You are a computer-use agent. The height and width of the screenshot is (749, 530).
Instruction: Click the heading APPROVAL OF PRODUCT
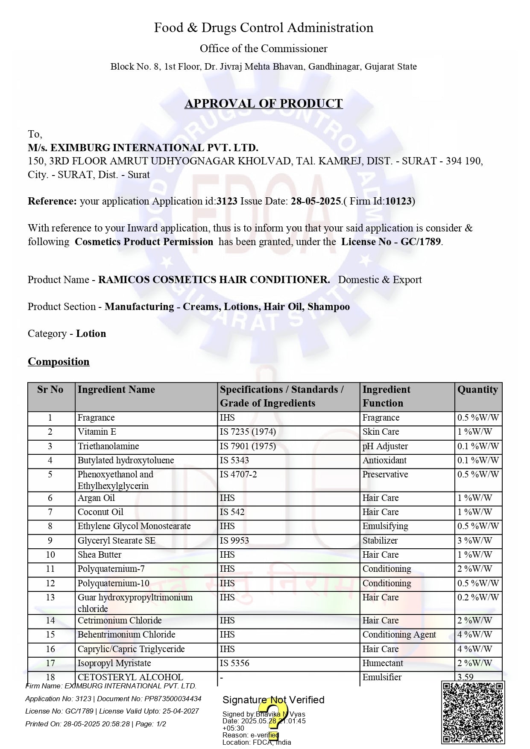(264, 104)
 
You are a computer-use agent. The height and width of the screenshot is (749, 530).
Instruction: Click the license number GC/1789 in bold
(420, 242)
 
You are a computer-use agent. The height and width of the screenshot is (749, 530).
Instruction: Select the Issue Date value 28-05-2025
(316, 201)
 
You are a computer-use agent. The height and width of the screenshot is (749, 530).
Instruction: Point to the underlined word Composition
(59, 362)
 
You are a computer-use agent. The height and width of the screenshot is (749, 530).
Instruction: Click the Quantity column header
(477, 389)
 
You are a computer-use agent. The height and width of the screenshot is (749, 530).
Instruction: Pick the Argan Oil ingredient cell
(96, 498)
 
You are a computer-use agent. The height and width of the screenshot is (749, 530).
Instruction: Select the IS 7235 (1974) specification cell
(248, 432)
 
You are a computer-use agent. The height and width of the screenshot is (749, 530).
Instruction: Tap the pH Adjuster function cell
(385, 446)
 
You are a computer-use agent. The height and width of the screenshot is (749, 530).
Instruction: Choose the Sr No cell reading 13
(50, 597)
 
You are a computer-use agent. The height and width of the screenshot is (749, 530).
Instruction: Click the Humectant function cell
(383, 663)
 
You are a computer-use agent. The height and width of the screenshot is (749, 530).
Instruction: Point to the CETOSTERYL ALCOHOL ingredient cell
(130, 677)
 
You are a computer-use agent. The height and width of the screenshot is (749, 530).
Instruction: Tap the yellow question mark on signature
(277, 711)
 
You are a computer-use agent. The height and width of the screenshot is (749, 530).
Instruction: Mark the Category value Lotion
(91, 334)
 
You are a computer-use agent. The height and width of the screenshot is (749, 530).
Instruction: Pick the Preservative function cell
(385, 474)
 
